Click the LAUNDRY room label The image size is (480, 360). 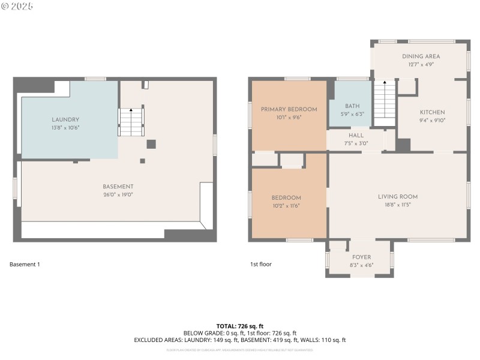coord(65,120)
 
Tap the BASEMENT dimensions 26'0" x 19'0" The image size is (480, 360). coord(118,194)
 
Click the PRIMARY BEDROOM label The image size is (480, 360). coord(289,109)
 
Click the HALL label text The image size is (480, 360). coord(356,136)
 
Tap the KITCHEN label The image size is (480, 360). coord(432,112)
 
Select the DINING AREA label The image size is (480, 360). coord(421,56)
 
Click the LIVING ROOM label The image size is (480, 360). coord(398,197)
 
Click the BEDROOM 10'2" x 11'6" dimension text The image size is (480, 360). coord(286,205)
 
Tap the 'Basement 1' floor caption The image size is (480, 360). coord(25,264)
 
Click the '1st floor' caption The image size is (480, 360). coord(261,264)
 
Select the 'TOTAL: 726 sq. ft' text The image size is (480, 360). coord(239,326)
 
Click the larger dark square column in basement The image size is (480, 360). coord(151,144)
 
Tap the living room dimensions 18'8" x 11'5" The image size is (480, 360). coord(398,205)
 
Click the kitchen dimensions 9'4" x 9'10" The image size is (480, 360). coord(432,120)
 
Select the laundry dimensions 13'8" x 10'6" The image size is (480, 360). coord(65,128)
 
